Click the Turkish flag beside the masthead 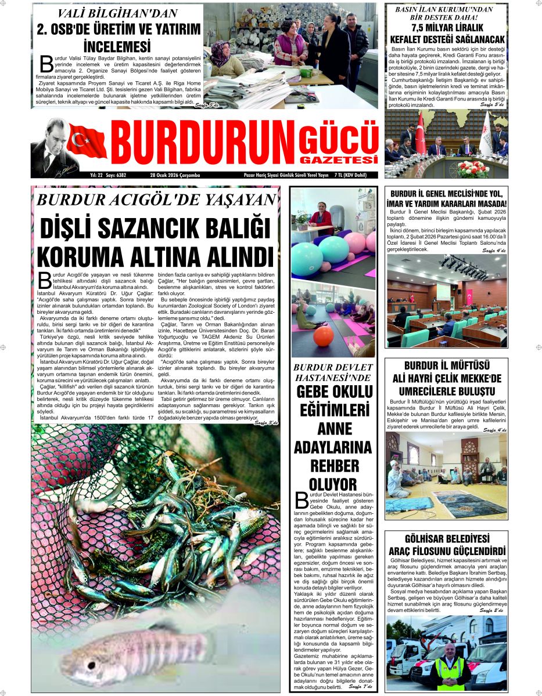(x=87, y=141)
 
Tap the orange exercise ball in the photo (x=323, y=336)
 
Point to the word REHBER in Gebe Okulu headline (x=333, y=466)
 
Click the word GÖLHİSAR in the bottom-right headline (x=421, y=539)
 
